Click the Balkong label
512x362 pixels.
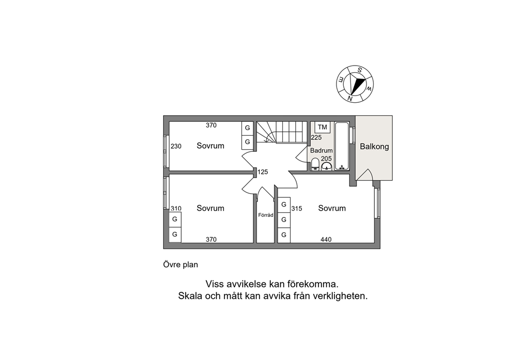(x=374, y=146)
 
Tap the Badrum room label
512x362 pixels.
(x=322, y=151)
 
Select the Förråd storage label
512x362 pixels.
(x=265, y=215)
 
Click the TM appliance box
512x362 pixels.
(x=322, y=127)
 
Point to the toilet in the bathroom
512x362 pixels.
(x=315, y=164)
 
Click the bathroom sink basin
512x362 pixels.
(x=327, y=167)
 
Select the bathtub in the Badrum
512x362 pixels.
(x=342, y=146)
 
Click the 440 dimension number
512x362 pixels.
(x=326, y=240)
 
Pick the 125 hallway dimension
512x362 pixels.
(x=263, y=172)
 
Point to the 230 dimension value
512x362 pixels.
(x=176, y=146)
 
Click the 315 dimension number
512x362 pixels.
(x=296, y=209)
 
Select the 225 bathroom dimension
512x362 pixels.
(x=316, y=137)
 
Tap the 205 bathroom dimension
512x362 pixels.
(x=326, y=159)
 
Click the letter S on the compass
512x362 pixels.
(x=360, y=70)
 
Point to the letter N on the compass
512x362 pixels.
(x=350, y=98)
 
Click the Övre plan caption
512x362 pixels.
(x=181, y=264)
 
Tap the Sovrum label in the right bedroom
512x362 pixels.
(x=332, y=208)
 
